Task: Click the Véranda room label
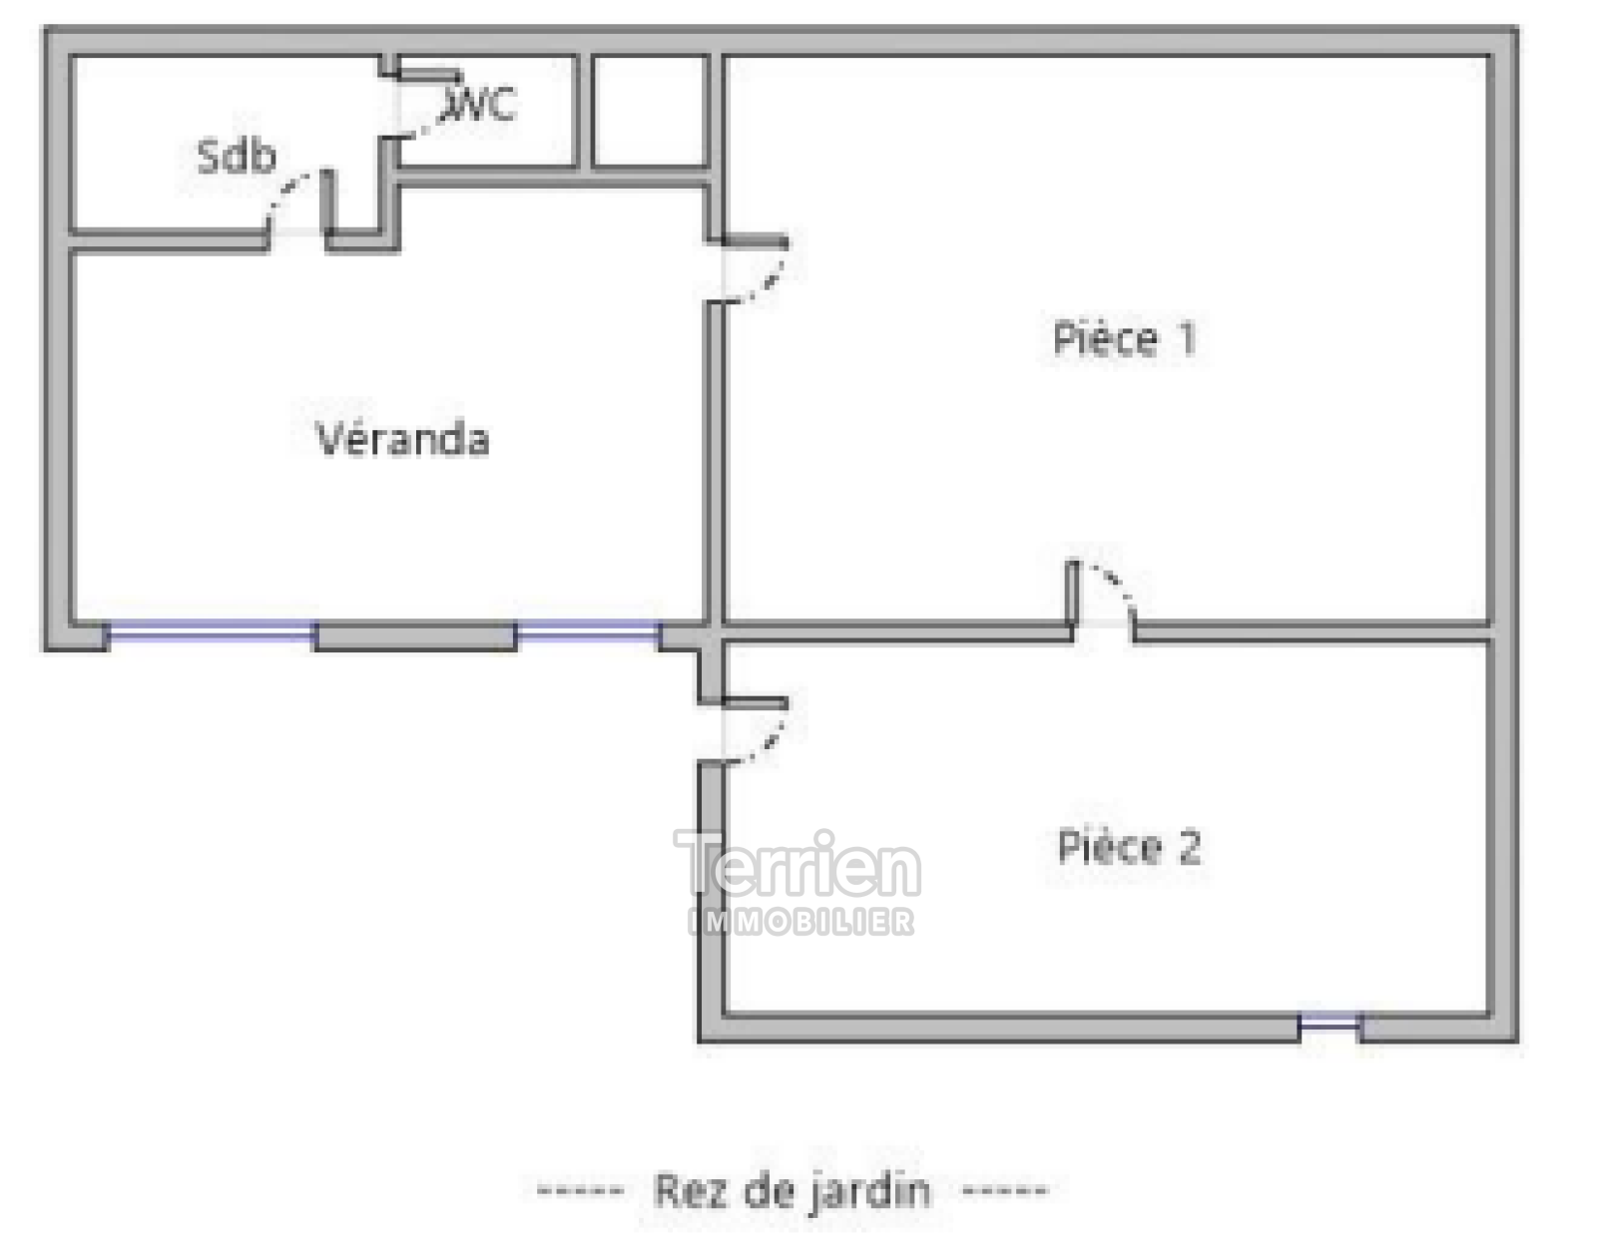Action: [x=402, y=438]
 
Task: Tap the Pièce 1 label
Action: [x=1125, y=338]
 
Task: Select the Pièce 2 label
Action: [x=1130, y=847]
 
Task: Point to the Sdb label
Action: [x=237, y=156]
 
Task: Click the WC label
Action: [x=478, y=104]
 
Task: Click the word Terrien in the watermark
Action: [x=798, y=863]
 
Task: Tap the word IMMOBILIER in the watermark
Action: [x=801, y=923]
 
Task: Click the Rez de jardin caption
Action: [x=793, y=1190]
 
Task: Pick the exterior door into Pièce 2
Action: [x=755, y=730]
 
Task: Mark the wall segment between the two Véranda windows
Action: [x=416, y=635]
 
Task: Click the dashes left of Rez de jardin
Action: [x=581, y=1190]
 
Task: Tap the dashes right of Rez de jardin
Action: [x=1005, y=1190]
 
